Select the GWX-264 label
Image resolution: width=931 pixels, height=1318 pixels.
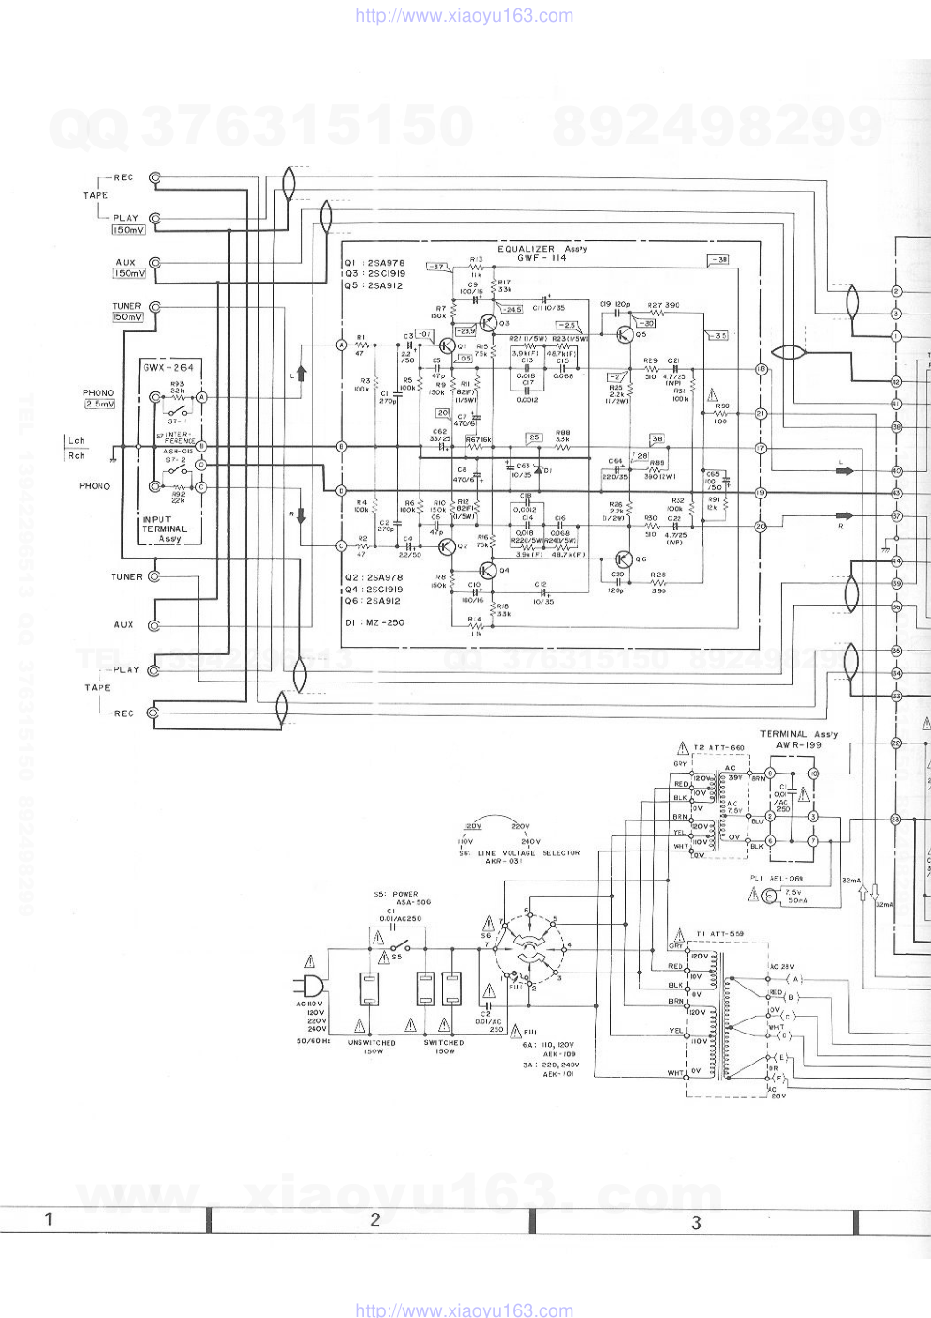tap(169, 367)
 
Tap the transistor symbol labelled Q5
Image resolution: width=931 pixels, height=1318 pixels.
tap(625, 333)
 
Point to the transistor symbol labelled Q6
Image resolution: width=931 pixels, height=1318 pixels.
tap(620, 559)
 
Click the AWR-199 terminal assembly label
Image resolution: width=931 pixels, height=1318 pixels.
tap(799, 744)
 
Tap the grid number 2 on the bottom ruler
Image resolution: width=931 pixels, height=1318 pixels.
tap(374, 1219)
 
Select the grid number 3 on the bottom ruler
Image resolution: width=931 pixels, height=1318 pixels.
tap(695, 1221)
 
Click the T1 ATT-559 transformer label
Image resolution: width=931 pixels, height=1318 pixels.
tap(720, 934)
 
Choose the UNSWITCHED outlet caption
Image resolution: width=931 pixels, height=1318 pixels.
tap(372, 1042)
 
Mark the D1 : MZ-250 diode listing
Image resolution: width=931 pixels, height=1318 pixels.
tap(374, 621)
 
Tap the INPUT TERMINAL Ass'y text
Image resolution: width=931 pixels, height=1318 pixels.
tap(164, 529)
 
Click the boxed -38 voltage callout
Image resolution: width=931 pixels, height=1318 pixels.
tap(718, 259)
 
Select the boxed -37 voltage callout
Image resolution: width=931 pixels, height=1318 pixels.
tap(437, 267)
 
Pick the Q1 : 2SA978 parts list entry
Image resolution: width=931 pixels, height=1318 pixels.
tap(374, 263)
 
